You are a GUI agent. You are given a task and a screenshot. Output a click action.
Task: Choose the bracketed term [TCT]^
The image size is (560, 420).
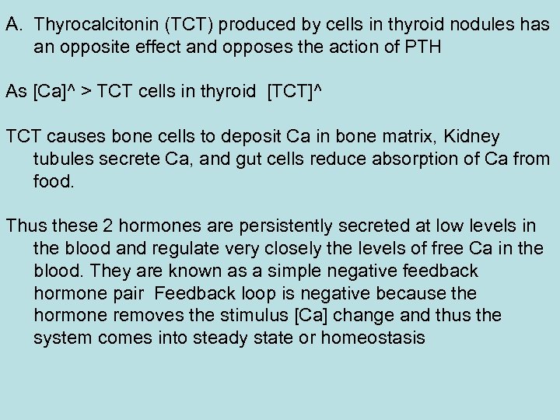[x=294, y=92]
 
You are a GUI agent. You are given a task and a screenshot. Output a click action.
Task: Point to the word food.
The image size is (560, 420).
[x=55, y=181]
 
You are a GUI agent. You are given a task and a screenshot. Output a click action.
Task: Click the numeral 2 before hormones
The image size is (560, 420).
[x=107, y=226]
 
